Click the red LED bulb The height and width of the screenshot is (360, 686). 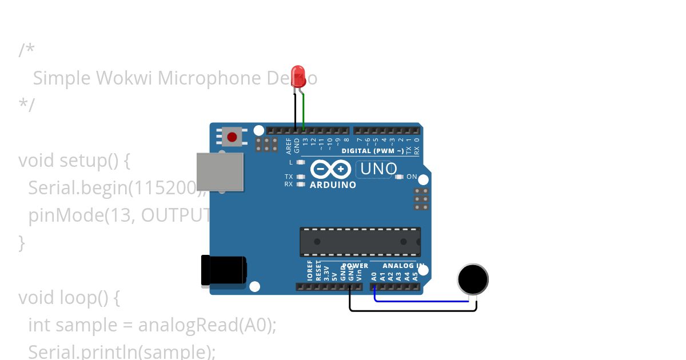298,76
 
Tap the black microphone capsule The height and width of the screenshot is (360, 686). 473,279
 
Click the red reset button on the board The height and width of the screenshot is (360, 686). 232,137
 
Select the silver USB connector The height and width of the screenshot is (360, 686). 220,171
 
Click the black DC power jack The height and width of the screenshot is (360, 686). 224,271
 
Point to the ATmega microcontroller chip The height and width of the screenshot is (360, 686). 360,242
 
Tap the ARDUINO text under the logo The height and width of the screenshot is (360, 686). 333,185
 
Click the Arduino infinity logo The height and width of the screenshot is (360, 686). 331,170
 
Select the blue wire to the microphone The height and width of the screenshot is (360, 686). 423,301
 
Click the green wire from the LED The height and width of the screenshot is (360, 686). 304,111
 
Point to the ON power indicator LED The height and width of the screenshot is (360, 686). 400,177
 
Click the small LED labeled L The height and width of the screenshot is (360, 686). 300,162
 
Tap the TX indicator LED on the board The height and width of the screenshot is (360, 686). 300,177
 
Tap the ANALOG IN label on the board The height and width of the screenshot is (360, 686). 403,266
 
